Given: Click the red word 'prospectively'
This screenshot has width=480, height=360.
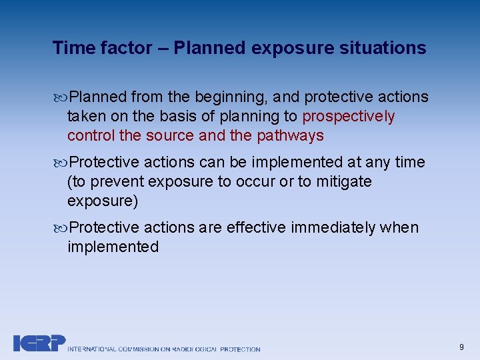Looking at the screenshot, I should [x=349, y=117].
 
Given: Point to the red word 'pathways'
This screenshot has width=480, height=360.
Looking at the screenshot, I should [x=294, y=136].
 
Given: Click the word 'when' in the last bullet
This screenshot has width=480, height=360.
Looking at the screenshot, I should [x=399, y=227].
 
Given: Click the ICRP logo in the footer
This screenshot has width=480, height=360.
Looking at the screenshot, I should [x=39, y=343].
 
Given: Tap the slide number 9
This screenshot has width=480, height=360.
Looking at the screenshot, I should [x=461, y=347].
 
